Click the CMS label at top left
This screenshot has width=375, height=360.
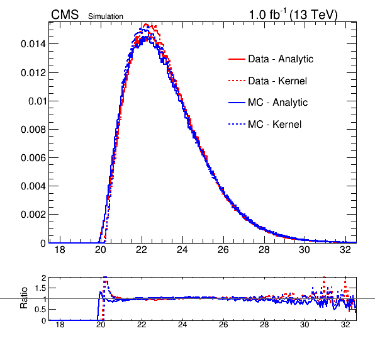click(x=65, y=14)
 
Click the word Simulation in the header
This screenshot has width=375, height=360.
click(x=106, y=16)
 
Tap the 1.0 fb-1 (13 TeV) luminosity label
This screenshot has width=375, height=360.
click(x=293, y=14)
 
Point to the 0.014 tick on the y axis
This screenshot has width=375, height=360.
click(x=33, y=44)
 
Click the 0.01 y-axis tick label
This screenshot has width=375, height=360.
click(x=37, y=101)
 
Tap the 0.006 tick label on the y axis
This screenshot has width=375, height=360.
click(x=33, y=158)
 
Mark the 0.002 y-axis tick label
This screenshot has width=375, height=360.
click(x=33, y=215)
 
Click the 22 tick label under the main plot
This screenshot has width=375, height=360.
click(x=142, y=250)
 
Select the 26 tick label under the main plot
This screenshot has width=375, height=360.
click(x=223, y=250)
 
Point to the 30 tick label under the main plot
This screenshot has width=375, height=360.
click(x=305, y=250)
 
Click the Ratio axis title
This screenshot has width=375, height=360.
click(x=24, y=298)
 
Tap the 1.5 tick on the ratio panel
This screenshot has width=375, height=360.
click(x=40, y=288)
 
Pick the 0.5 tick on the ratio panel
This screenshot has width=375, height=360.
click(x=40, y=310)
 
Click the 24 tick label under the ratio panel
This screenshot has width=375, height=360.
click(x=182, y=325)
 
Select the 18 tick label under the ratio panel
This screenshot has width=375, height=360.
click(x=60, y=325)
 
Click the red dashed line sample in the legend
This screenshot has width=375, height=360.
click(x=237, y=81)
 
